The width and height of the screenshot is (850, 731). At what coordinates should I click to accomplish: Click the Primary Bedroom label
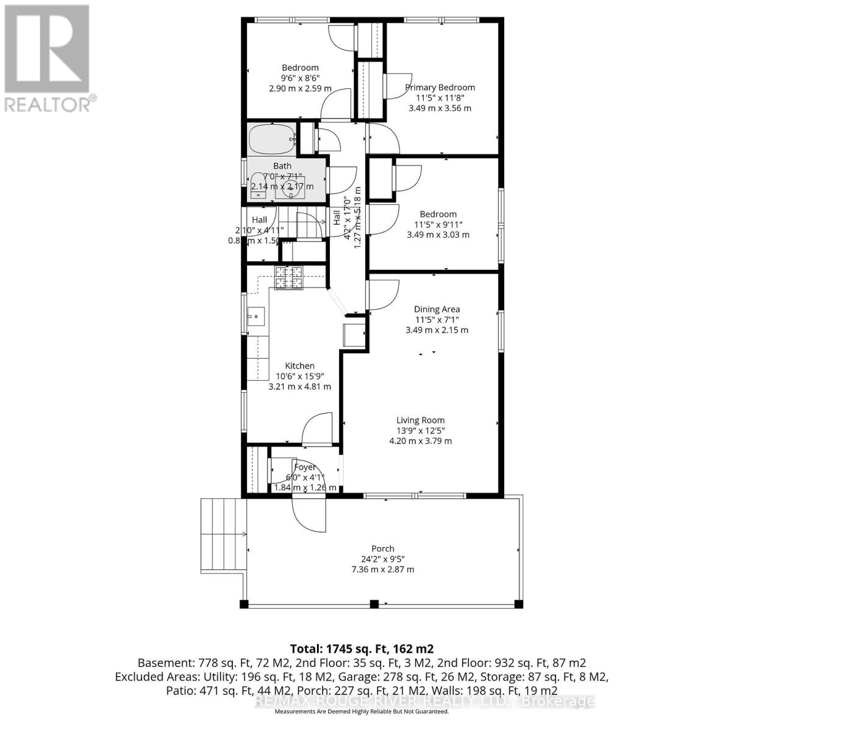tap(440, 87)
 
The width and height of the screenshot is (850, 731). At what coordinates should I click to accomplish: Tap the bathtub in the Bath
tap(271, 139)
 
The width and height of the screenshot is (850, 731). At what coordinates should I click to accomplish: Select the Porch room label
tap(383, 548)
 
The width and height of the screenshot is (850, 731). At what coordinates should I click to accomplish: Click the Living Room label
tap(420, 420)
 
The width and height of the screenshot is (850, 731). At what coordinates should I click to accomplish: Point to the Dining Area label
tap(437, 309)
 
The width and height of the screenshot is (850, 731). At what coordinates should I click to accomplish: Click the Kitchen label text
tap(299, 365)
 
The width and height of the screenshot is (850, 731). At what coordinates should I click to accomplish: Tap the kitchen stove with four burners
tap(288, 278)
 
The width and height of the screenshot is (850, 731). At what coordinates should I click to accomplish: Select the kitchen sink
tap(257, 316)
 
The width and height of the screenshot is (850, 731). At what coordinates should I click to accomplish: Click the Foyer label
tap(305, 467)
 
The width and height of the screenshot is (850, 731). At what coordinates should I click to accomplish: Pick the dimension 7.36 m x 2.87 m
tap(383, 570)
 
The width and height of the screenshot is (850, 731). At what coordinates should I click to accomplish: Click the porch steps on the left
tap(223, 534)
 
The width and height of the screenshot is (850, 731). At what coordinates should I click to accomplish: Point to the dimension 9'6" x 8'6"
tap(300, 78)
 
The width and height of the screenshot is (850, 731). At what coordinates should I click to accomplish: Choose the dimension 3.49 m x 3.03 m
tap(438, 235)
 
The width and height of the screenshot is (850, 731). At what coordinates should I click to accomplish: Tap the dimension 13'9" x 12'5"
tap(420, 431)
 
